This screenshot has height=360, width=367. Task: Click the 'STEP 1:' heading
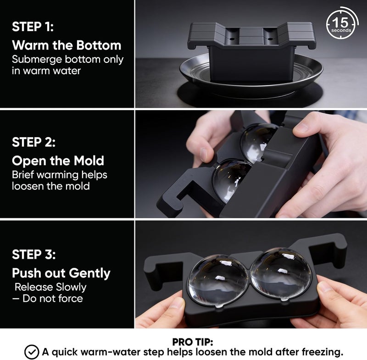point(33,27)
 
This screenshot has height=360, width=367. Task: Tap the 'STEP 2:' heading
point(33,142)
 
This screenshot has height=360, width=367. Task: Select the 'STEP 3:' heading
point(34,254)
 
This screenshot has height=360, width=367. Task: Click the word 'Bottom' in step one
point(99,45)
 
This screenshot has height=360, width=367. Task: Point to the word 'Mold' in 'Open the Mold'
point(89,161)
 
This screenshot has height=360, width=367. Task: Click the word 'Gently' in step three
point(89,273)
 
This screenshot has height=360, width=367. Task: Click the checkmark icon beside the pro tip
point(32,352)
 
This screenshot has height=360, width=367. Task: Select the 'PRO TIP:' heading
point(193,342)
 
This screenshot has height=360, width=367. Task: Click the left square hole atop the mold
point(233,35)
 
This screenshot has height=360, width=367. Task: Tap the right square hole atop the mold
point(270,36)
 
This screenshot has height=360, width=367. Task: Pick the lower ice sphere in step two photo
point(231,179)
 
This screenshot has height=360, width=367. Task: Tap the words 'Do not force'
point(53,299)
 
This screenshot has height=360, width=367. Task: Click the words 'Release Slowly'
point(50,287)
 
